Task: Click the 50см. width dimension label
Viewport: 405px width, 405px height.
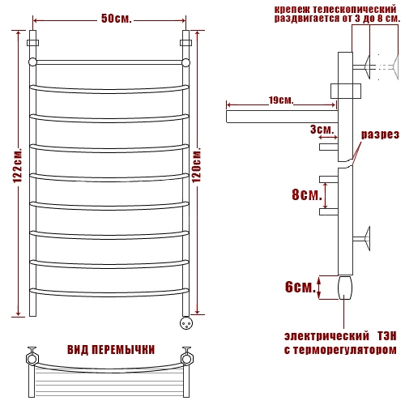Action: click(116, 19)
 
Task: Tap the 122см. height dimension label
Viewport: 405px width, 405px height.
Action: click(18, 165)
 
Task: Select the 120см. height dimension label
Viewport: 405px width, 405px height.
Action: click(197, 164)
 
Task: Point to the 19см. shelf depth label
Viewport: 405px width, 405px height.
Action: click(281, 100)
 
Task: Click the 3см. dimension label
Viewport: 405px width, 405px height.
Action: click(322, 130)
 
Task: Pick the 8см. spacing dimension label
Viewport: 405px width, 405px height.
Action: click(307, 194)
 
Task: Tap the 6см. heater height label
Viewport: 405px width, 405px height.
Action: click(301, 287)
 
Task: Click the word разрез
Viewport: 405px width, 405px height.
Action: click(380, 134)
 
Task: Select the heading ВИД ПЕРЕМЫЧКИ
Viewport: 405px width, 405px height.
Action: click(111, 350)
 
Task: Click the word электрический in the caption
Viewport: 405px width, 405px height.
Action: click(326, 336)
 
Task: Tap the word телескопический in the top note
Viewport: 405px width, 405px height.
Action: click(355, 10)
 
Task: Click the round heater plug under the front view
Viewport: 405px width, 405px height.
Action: click(186, 322)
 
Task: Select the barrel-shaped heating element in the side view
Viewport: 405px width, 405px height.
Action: click(345, 288)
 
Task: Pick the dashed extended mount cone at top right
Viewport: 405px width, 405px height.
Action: click(395, 67)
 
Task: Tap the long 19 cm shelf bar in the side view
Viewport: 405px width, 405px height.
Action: click(282, 117)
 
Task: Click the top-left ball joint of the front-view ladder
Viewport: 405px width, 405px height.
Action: click(32, 62)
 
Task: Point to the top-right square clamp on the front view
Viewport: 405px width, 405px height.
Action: click(185, 43)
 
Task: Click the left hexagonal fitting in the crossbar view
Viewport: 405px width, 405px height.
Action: click(32, 359)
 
